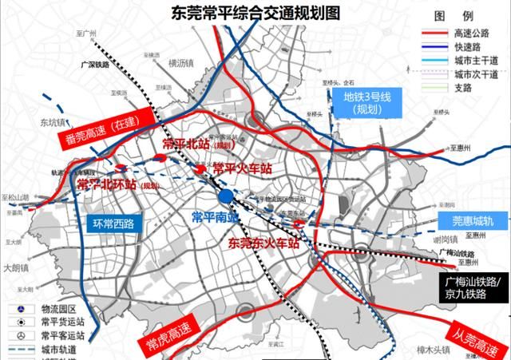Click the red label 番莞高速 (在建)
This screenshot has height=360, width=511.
click(x=101, y=128)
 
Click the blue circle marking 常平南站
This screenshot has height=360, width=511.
click(x=226, y=196)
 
